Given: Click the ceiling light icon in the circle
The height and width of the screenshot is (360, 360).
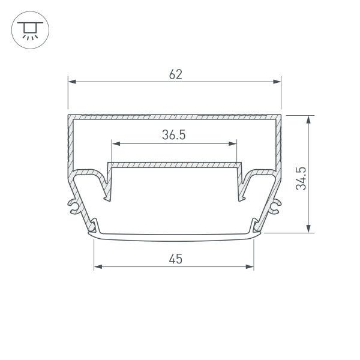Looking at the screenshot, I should (x=28, y=28).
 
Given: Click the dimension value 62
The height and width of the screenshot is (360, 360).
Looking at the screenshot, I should (x=175, y=74).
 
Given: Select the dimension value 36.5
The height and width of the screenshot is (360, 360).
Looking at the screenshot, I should (x=173, y=136).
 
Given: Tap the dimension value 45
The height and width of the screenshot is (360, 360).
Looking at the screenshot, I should (x=175, y=259).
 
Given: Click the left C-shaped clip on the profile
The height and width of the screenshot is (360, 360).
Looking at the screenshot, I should (x=73, y=206).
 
